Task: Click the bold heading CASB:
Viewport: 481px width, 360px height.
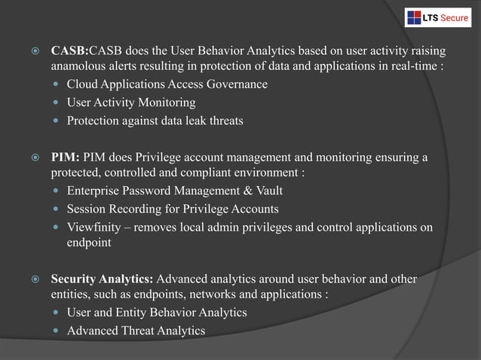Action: click(69, 51)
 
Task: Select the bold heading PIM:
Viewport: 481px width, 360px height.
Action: click(66, 157)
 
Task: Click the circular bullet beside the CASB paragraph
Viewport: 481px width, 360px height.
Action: click(34, 52)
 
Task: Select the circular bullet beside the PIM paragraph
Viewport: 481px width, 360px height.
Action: click(34, 158)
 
